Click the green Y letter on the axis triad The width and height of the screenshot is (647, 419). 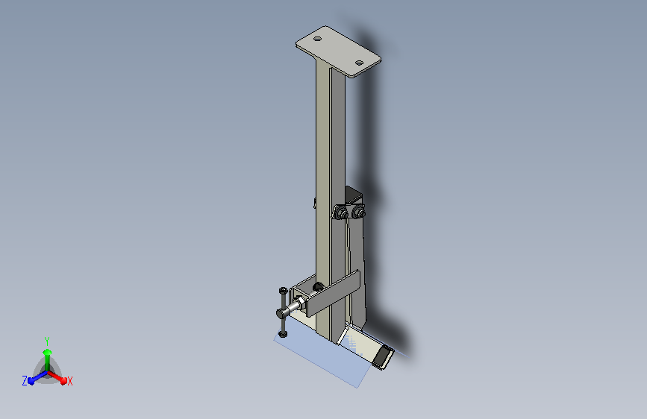tap(47, 340)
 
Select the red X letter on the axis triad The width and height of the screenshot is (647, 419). tap(69, 381)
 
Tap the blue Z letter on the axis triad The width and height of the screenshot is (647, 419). tap(25, 381)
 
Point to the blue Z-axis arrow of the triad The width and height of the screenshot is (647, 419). tap(34, 378)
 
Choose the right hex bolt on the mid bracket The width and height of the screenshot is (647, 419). tap(360, 213)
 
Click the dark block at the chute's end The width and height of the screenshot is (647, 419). tap(382, 359)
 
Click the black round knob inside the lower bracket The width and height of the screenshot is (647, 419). tap(318, 287)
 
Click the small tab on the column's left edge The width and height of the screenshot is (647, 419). tap(315, 202)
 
